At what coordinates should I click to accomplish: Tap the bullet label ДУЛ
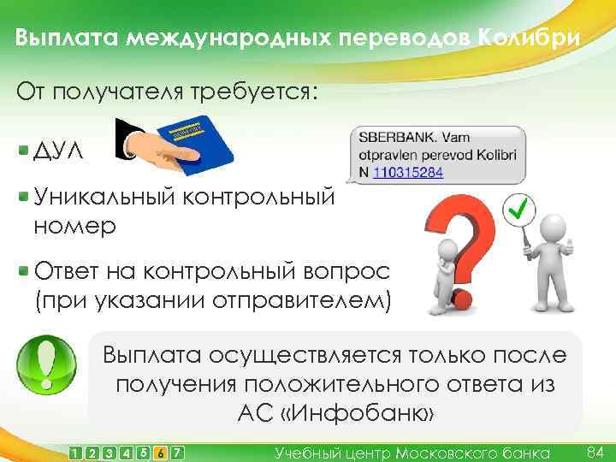(x=59, y=152)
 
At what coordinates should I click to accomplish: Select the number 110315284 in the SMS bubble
(x=409, y=172)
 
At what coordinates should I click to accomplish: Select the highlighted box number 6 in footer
(x=161, y=452)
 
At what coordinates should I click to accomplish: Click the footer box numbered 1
(x=77, y=452)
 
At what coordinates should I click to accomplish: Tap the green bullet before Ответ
(x=24, y=271)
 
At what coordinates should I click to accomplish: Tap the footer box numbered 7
(x=177, y=452)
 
